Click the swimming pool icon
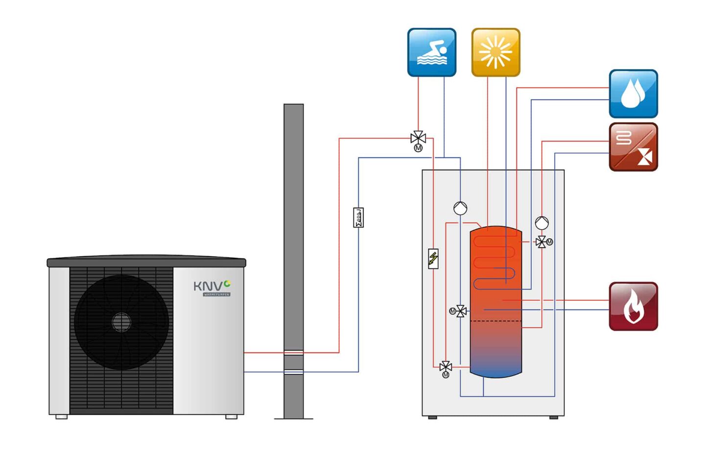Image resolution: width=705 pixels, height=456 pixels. click(431, 52)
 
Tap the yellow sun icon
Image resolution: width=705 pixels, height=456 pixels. click(495, 52)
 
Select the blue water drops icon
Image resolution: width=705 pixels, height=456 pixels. click(633, 94)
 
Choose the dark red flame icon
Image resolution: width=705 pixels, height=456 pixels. click(633, 306)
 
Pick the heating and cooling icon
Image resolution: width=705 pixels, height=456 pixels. click(633, 147)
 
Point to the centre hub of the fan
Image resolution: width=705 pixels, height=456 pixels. click(121, 322)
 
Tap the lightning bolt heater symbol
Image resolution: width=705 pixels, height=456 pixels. click(433, 259)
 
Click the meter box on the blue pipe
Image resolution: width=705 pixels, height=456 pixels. click(358, 217)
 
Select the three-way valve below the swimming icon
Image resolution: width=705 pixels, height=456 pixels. click(418, 139)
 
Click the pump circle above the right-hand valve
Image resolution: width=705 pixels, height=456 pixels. click(541, 223)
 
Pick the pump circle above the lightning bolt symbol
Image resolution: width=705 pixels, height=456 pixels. click(460, 208)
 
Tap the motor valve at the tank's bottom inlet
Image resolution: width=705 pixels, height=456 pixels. click(446, 366)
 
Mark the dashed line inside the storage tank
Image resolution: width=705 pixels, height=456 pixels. click(495, 321)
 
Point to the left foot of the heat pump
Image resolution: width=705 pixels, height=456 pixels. click(62, 417)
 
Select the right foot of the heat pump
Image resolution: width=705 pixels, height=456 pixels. click(231, 417)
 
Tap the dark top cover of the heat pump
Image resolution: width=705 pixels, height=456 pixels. click(146, 262)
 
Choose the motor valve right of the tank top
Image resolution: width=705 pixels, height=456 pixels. click(541, 242)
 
